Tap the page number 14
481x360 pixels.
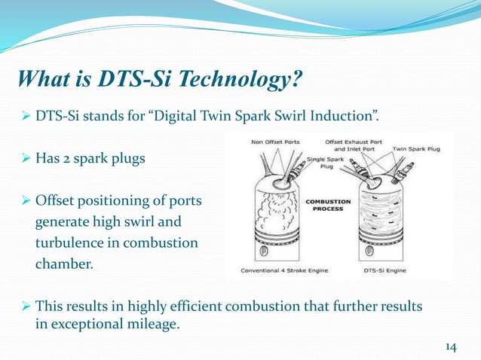pos(451,346)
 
